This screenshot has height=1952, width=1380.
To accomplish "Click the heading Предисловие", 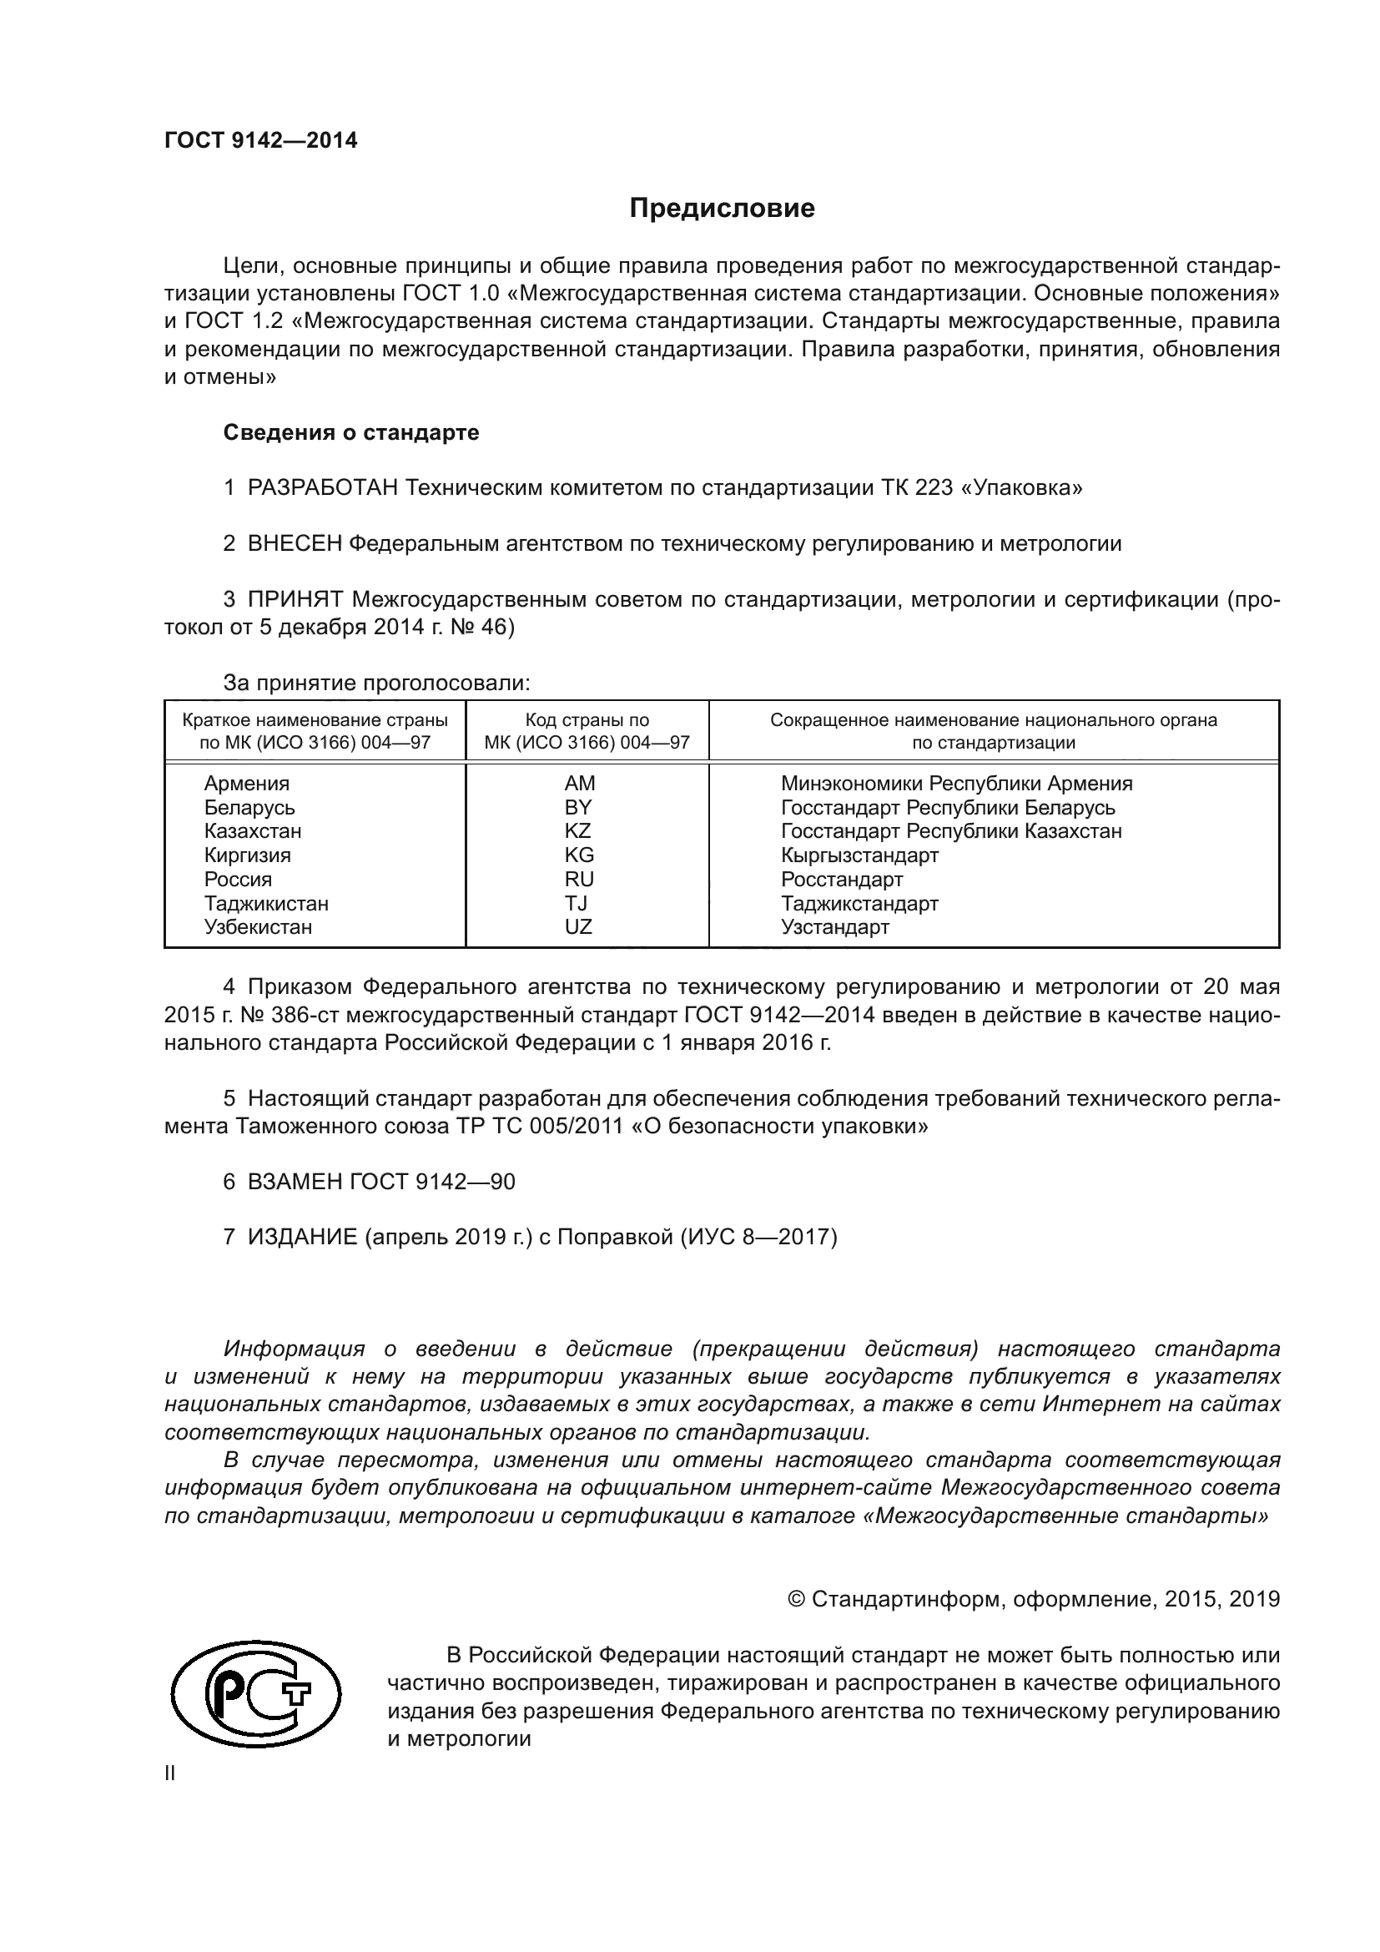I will pyautogui.click(x=722, y=209).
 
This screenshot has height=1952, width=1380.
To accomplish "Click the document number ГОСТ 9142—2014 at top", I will pyautogui.click(x=261, y=141).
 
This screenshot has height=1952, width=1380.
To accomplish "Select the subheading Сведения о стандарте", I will pyautogui.click(x=351, y=433).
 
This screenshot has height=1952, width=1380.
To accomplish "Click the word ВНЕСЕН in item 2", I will pyautogui.click(x=294, y=544).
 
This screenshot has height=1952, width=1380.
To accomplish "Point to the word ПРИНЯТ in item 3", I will pyautogui.click(x=295, y=599).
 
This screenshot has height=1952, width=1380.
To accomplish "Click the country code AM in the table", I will pyautogui.click(x=580, y=783).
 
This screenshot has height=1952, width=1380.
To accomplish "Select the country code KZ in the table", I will pyautogui.click(x=578, y=830).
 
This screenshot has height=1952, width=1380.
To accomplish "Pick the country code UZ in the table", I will pyautogui.click(x=578, y=926).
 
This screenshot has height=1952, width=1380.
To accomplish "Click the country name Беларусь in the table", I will pyautogui.click(x=249, y=807).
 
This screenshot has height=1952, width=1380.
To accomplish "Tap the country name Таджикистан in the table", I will pyautogui.click(x=266, y=903).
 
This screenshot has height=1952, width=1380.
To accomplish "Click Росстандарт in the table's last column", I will pyautogui.click(x=841, y=879).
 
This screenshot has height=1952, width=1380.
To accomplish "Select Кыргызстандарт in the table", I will pyautogui.click(x=859, y=855).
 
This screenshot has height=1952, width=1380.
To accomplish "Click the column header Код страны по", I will pyautogui.click(x=587, y=720).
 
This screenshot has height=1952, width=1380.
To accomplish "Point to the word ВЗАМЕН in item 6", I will pyautogui.click(x=294, y=1182).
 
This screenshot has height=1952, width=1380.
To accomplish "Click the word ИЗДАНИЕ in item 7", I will pyautogui.click(x=303, y=1237).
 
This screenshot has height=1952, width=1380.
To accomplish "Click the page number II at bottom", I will pyautogui.click(x=170, y=1773).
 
